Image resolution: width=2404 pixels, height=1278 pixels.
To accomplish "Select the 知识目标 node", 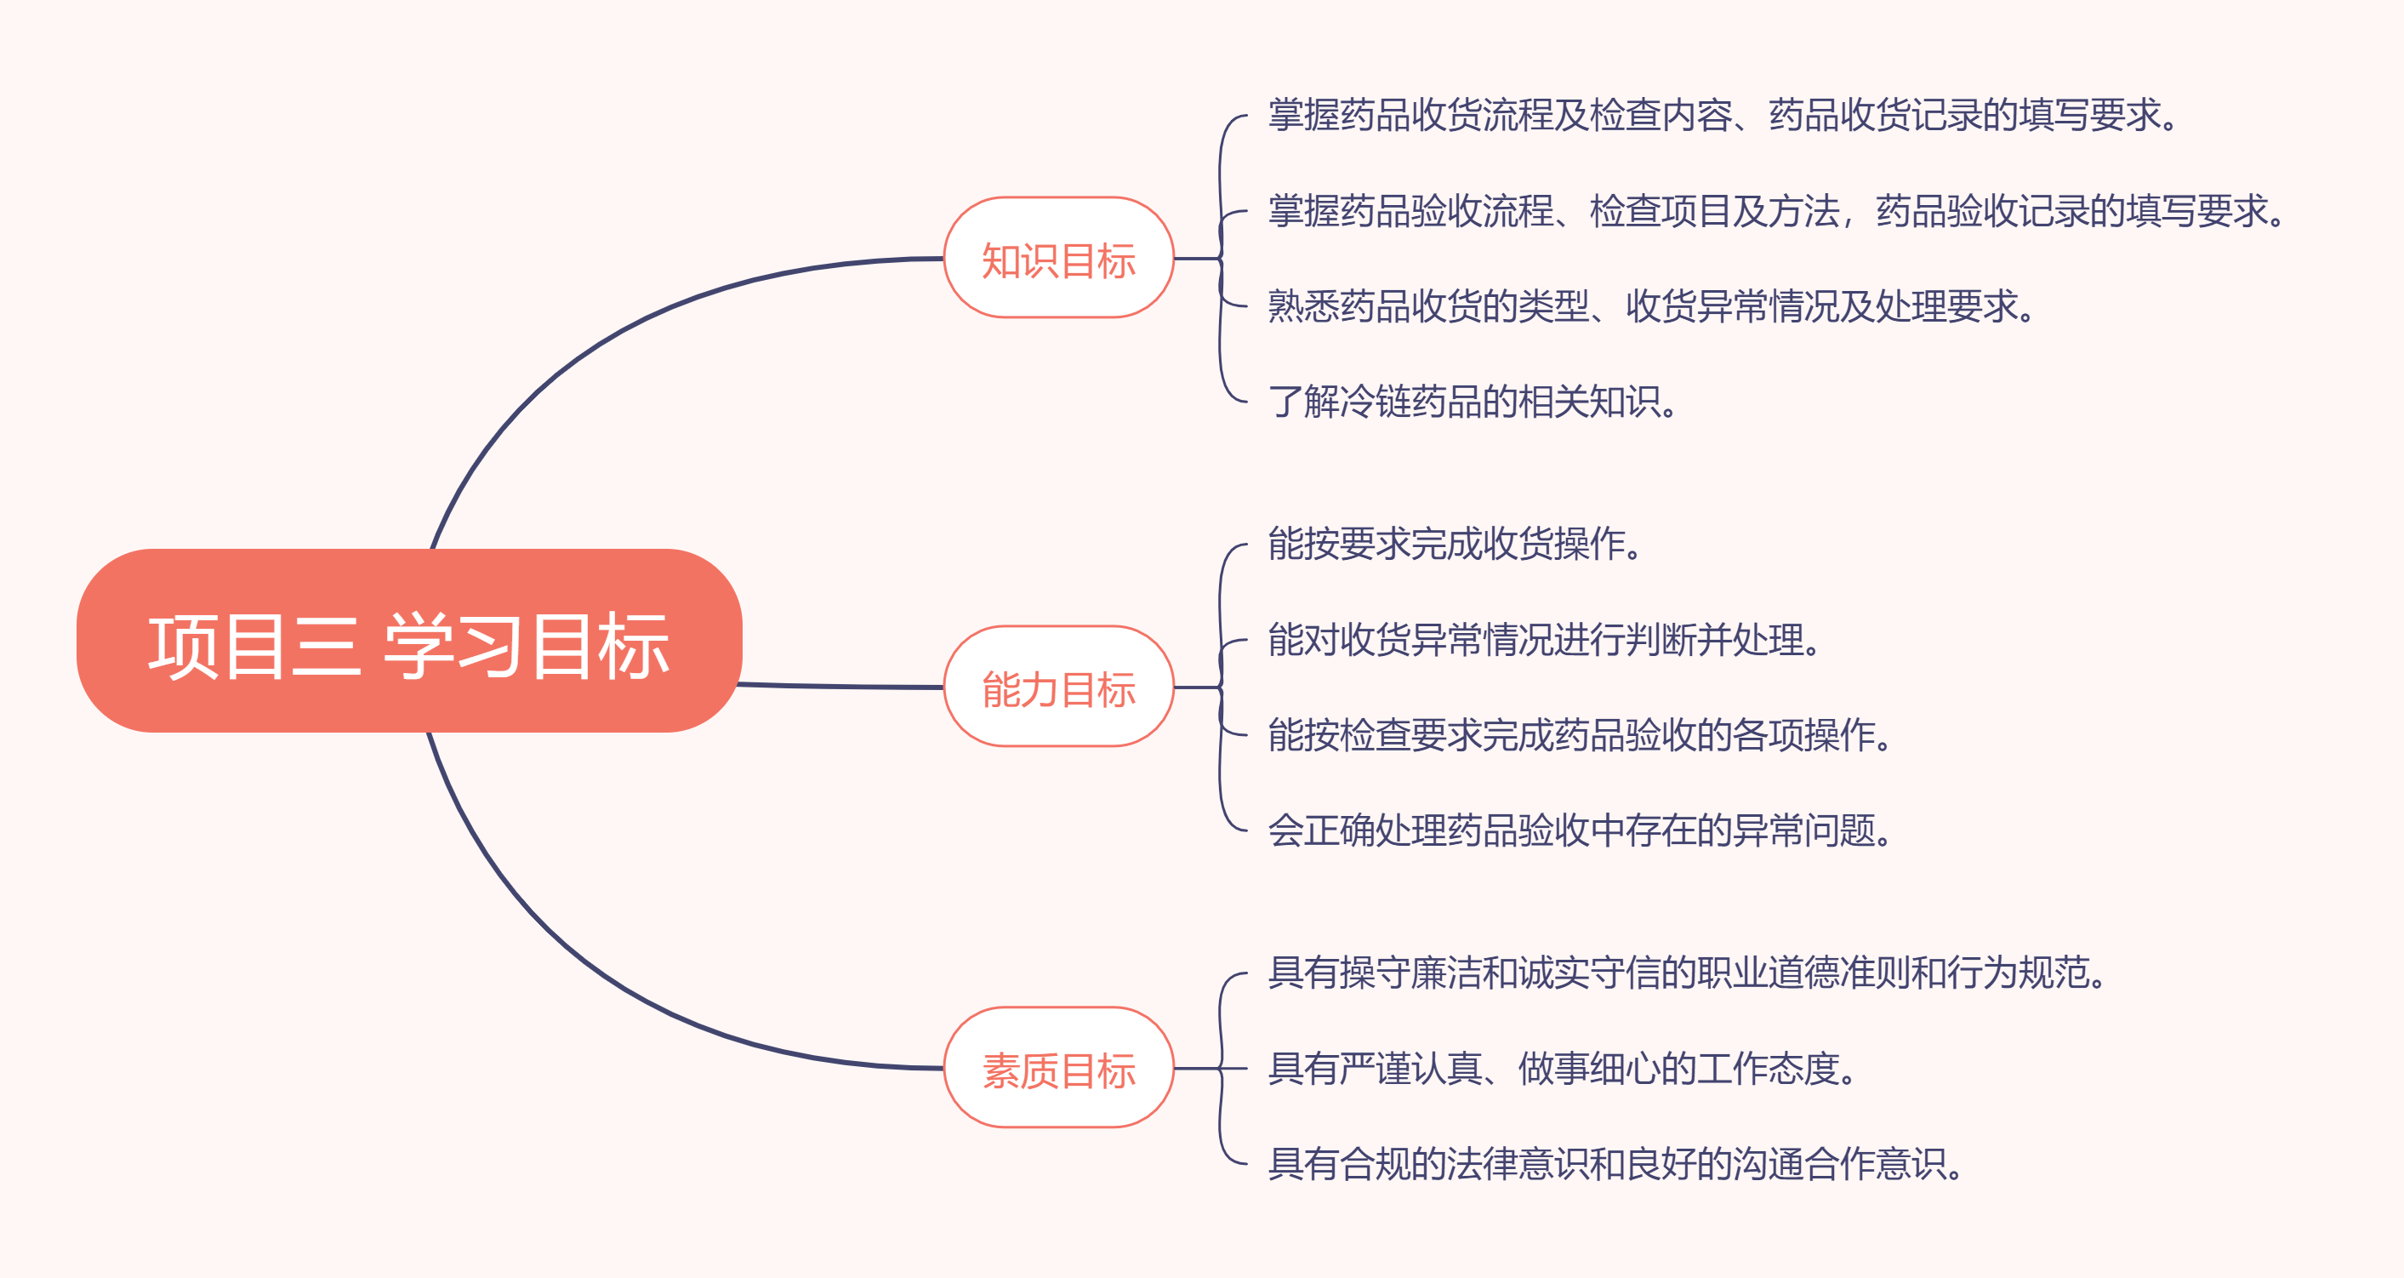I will [x=1058, y=259].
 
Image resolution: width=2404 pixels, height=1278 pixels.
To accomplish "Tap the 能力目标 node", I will [x=1058, y=687].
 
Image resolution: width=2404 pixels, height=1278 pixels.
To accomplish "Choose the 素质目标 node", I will [x=1058, y=1068].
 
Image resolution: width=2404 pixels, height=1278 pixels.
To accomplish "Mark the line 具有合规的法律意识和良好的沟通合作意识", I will [x=1615, y=1163].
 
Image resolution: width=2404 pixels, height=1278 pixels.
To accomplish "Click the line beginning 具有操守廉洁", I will [x=1685, y=973].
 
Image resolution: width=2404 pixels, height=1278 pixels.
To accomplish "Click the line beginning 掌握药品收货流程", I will [x=1722, y=115].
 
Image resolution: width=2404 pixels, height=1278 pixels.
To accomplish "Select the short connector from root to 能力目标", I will [x=840, y=686].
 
